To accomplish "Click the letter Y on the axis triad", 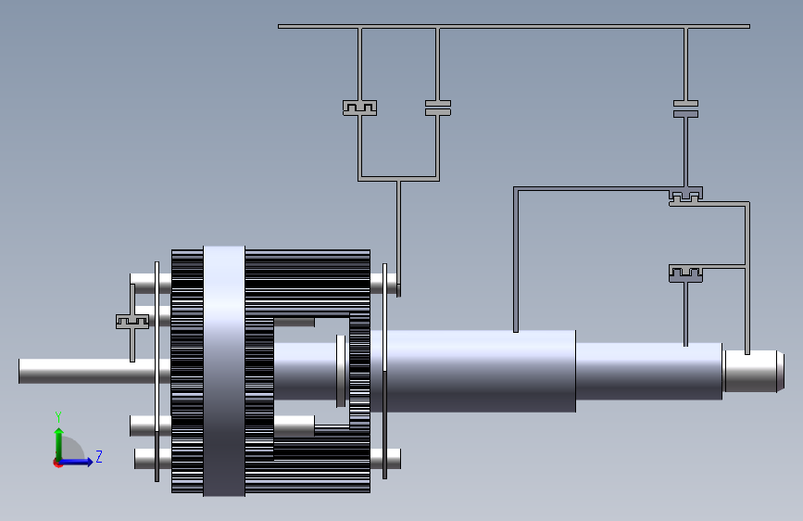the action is point(58,417).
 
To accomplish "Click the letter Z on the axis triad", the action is point(99,456).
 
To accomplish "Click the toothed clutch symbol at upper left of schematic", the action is point(359,108).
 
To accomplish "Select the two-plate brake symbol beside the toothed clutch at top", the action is point(438,108).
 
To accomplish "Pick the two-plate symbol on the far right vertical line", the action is point(685,109).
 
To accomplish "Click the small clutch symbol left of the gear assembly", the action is point(132,322).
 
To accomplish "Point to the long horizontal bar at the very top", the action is point(514,26).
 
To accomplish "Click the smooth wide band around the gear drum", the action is point(224,371).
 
